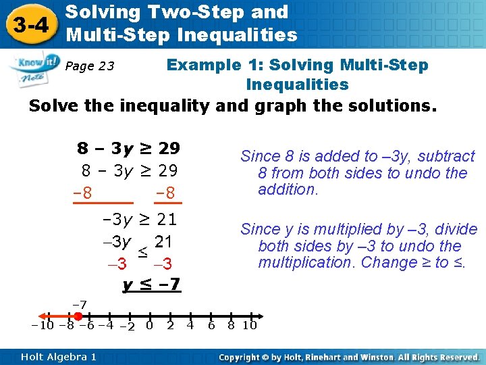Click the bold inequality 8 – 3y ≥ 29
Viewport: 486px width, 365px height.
click(128, 148)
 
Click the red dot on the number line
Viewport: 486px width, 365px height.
click(78, 316)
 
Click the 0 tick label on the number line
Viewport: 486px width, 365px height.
click(149, 326)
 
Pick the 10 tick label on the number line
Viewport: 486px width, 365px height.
click(249, 326)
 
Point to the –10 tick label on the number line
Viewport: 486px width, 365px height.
click(43, 325)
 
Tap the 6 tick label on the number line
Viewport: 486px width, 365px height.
click(211, 326)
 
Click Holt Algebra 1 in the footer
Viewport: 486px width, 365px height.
click(58, 356)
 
